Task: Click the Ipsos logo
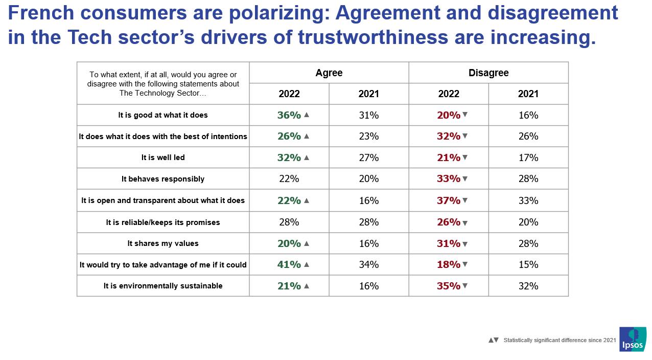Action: coord(633,339)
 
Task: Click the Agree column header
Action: coord(329,73)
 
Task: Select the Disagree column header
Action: coord(488,73)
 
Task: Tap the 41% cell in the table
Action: coord(289,264)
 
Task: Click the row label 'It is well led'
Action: coord(163,157)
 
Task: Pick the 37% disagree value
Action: coord(449,200)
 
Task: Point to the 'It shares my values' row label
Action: coord(163,243)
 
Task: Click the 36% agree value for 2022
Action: coord(289,115)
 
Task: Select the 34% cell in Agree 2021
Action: coord(368,264)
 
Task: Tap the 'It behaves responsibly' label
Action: coord(163,179)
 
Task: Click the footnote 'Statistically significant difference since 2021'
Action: coord(560,340)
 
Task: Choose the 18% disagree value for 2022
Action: coord(449,264)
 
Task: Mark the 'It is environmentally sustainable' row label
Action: coord(163,286)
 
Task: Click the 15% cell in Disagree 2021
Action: coord(528,264)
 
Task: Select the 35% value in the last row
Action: coord(449,286)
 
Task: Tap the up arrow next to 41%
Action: coord(307,264)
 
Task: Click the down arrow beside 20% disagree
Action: coord(465,115)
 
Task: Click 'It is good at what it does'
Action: coord(163,115)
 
